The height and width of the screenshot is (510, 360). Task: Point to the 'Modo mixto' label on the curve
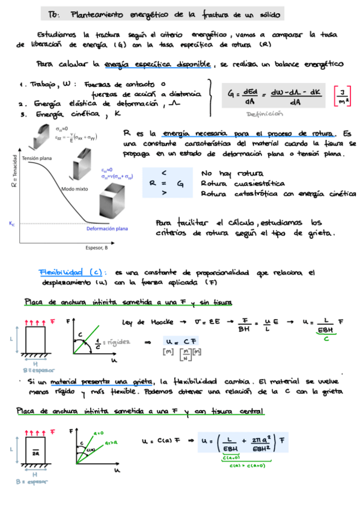(75, 189)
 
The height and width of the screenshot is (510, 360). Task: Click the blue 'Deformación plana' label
(107, 229)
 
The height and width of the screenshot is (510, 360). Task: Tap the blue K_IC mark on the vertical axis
(11, 223)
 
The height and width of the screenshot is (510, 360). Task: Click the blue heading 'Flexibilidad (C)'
(72, 272)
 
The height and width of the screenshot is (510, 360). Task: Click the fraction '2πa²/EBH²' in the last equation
(260, 444)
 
